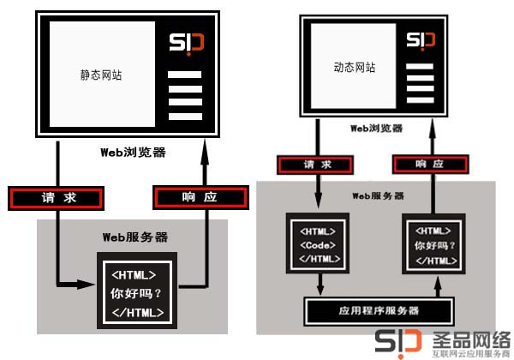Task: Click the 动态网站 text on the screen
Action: [x=354, y=67]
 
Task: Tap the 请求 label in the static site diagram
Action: [x=58, y=197]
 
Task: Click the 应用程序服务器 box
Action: [x=376, y=309]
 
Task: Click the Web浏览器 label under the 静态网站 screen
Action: [x=133, y=153]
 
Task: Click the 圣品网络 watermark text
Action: [x=470, y=338]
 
